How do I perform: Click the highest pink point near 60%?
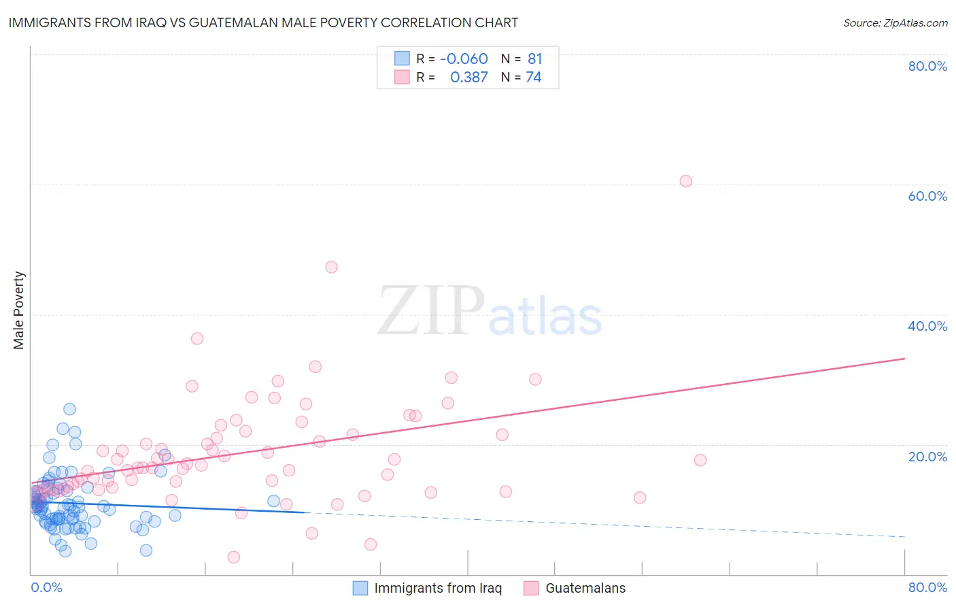point(685,181)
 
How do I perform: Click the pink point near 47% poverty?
point(331,267)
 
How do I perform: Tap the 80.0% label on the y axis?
point(927,66)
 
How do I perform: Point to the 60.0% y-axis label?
point(927,196)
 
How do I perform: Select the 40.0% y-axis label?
point(927,326)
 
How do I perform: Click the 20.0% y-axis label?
point(927,457)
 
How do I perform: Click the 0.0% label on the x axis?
point(46,587)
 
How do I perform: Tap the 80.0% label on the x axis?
point(927,587)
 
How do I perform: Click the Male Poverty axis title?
point(19,310)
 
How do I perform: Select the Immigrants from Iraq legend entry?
point(437,588)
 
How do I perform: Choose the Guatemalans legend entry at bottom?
point(585,588)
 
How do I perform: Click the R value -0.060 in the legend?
point(464,59)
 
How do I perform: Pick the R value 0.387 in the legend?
point(468,77)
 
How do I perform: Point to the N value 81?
point(534,59)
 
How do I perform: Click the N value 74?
point(534,77)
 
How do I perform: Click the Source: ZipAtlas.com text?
point(895,22)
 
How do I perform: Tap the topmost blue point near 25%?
point(69,409)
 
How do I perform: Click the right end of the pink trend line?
point(904,358)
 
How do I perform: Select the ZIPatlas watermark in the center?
point(490,311)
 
